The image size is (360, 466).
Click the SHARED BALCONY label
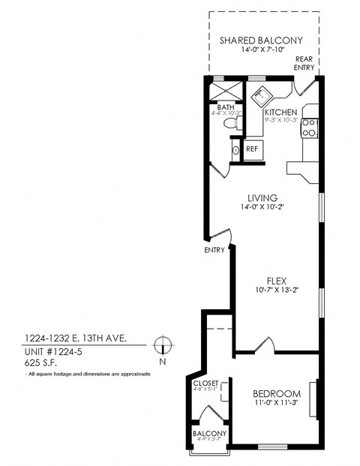[x=261, y=40]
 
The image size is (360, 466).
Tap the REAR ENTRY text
[x=304, y=63]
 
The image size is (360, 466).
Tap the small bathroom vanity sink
[x=234, y=151]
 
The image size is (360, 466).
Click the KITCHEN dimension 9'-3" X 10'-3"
[x=281, y=120]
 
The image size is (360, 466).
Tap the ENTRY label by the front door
[x=214, y=251]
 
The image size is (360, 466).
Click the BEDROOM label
[x=277, y=393]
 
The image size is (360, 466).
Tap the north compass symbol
[x=160, y=346]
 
